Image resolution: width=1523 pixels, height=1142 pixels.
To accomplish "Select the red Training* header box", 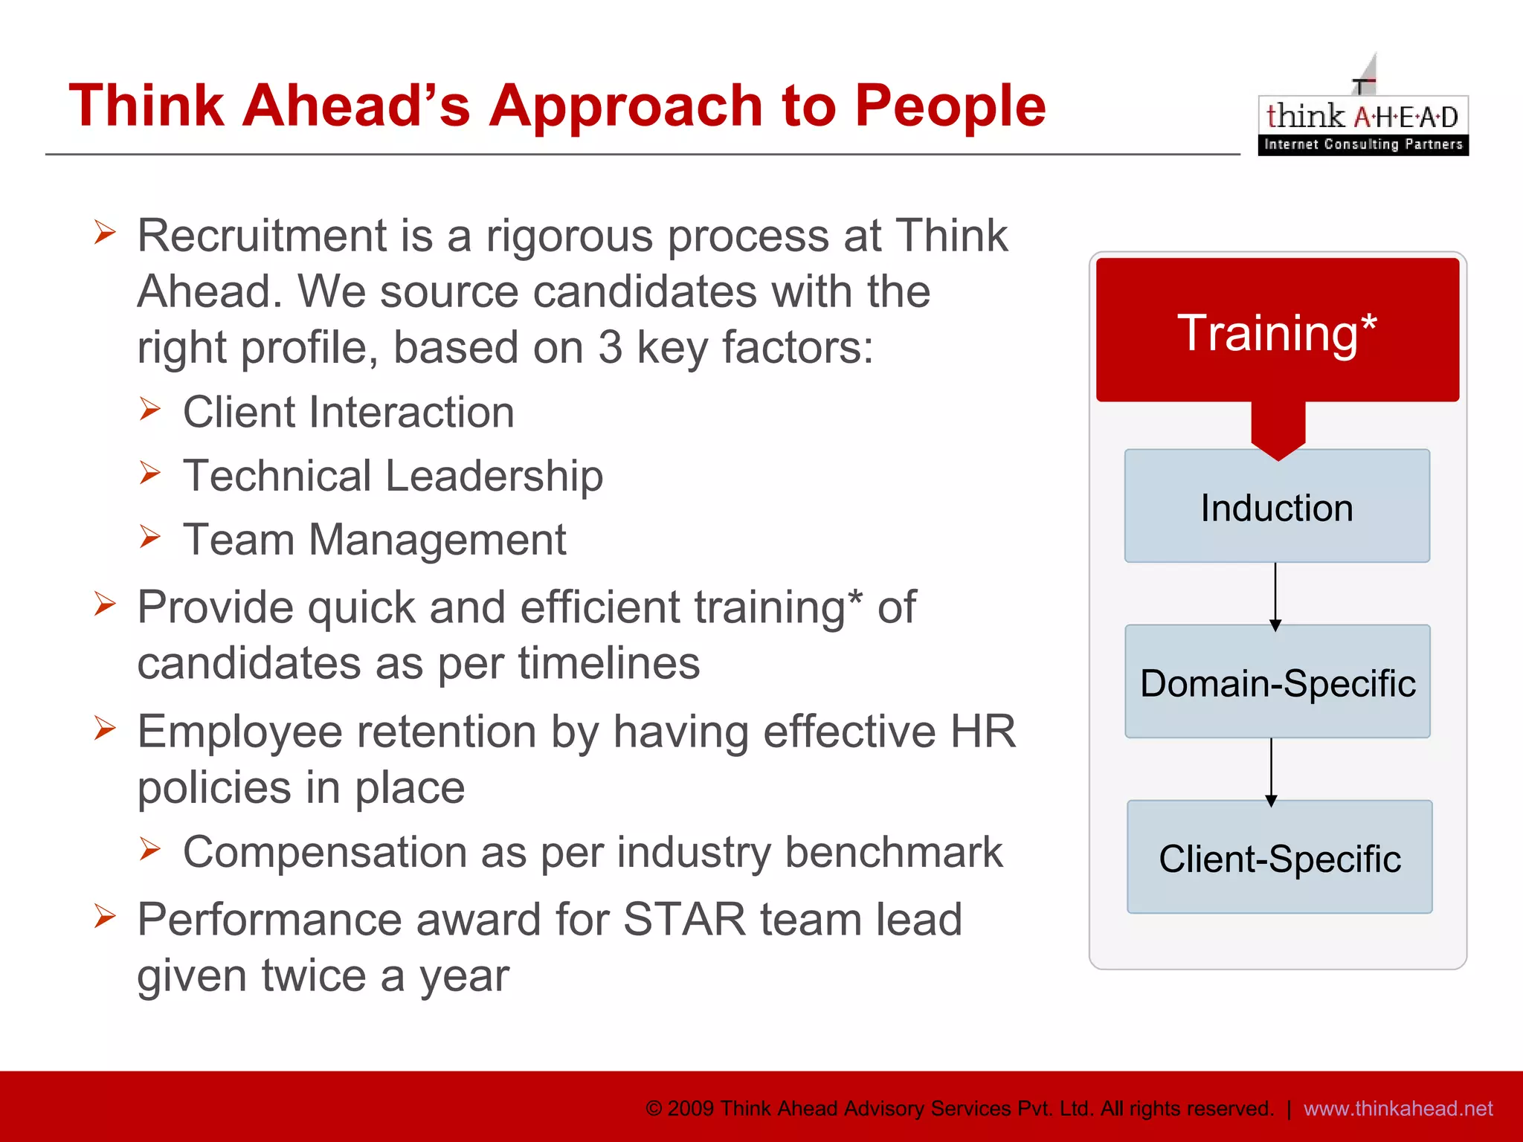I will (1277, 331).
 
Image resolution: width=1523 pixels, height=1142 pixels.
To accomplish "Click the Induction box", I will (1277, 508).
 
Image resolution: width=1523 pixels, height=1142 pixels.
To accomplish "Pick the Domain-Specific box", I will (1277, 683).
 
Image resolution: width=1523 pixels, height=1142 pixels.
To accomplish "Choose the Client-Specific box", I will (1279, 858).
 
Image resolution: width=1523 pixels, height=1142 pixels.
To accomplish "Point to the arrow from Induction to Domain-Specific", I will (1275, 595).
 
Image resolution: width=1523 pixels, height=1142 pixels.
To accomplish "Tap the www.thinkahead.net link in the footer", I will (1397, 1109).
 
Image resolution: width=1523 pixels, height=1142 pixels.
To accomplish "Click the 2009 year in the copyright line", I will (690, 1109).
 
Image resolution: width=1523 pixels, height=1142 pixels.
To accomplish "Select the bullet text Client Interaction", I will (348, 413).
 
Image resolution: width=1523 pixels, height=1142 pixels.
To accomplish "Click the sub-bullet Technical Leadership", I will (393, 476).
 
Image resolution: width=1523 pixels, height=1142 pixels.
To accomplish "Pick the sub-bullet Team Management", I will (374, 540).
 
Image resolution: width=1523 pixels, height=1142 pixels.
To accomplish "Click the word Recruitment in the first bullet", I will (262, 236).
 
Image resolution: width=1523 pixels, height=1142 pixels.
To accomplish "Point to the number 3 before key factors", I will (610, 347).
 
